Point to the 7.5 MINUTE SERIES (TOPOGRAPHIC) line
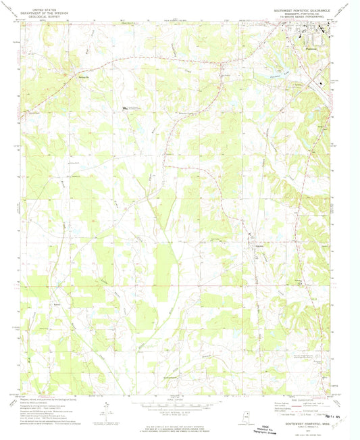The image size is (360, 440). (x=304, y=17)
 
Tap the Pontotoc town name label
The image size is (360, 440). (x=311, y=49)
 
